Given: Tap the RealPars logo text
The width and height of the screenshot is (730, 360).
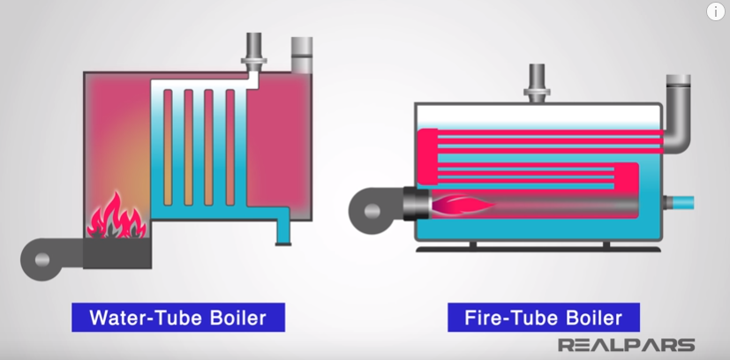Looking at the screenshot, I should tap(627, 345).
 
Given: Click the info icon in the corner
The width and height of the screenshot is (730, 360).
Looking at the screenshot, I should tap(715, 11).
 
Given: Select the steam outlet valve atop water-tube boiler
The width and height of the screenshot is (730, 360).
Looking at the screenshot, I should tap(253, 51).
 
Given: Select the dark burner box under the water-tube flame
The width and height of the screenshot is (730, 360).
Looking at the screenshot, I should tap(116, 254).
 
